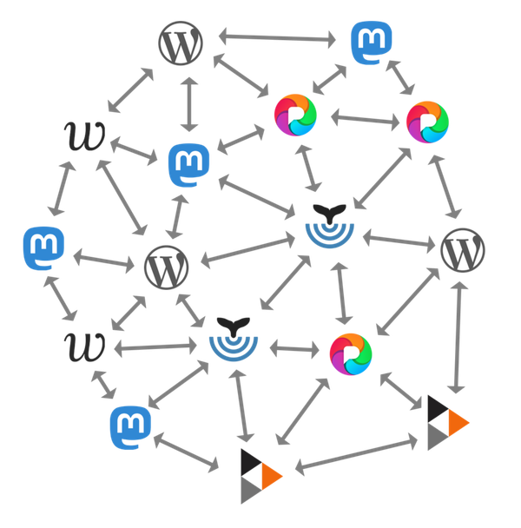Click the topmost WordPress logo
[181, 43]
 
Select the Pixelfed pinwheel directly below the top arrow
[295, 114]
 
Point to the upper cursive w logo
[85, 135]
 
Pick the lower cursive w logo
[85, 346]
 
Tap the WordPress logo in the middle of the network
[165, 267]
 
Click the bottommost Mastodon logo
[130, 425]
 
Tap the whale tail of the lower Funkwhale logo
[232, 325]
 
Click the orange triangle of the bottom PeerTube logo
[270, 475]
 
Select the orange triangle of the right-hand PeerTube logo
[458, 423]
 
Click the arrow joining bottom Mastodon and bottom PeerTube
[186, 454]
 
